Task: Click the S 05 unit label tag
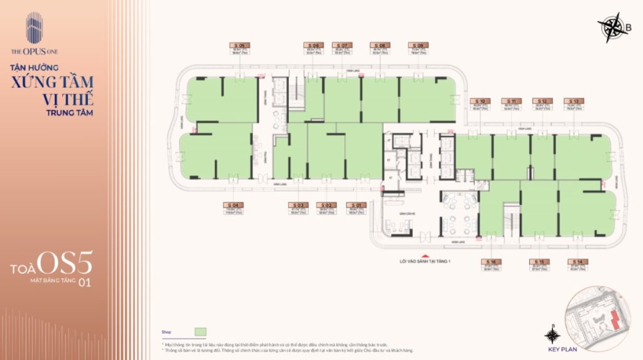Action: [240, 45]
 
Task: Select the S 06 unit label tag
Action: [313, 45]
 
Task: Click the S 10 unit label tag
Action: [481, 101]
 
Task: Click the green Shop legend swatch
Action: [200, 331]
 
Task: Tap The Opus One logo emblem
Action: [33, 28]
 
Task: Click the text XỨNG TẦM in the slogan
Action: [51, 82]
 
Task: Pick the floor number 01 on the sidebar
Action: [84, 282]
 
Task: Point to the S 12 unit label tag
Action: [543, 101]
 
